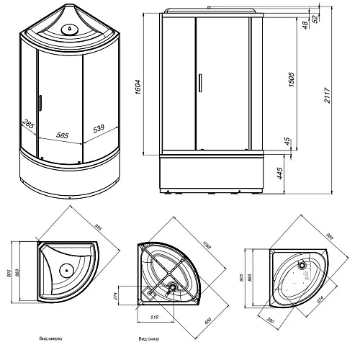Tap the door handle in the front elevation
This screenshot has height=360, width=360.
click(x=195, y=84)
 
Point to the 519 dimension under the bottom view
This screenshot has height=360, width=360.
click(x=155, y=316)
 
